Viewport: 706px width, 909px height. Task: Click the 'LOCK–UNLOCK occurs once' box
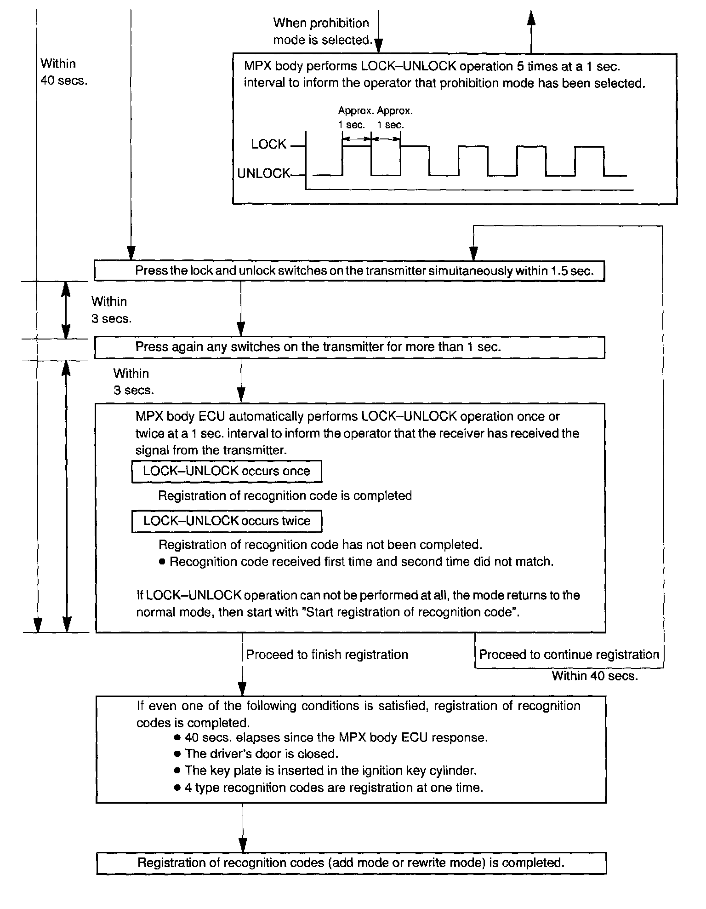coord(226,472)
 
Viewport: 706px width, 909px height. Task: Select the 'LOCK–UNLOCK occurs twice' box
coord(227,521)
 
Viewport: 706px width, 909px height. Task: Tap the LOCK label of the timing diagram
coord(268,144)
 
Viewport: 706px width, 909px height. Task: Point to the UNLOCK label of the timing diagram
coord(263,173)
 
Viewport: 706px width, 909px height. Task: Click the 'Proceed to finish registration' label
coord(327,655)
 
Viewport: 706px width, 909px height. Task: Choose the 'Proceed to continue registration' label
coord(569,655)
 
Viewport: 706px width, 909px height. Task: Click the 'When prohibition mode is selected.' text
coord(322,32)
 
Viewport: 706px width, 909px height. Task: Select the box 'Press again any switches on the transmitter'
coord(349,347)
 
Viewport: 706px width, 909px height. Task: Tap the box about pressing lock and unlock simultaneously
coord(349,271)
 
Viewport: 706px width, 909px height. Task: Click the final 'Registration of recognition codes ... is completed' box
coord(351,863)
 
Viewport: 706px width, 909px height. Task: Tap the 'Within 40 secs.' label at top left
coord(63,72)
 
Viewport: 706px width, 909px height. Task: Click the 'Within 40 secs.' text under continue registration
coord(595,676)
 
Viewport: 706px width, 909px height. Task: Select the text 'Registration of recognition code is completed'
coord(285,496)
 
